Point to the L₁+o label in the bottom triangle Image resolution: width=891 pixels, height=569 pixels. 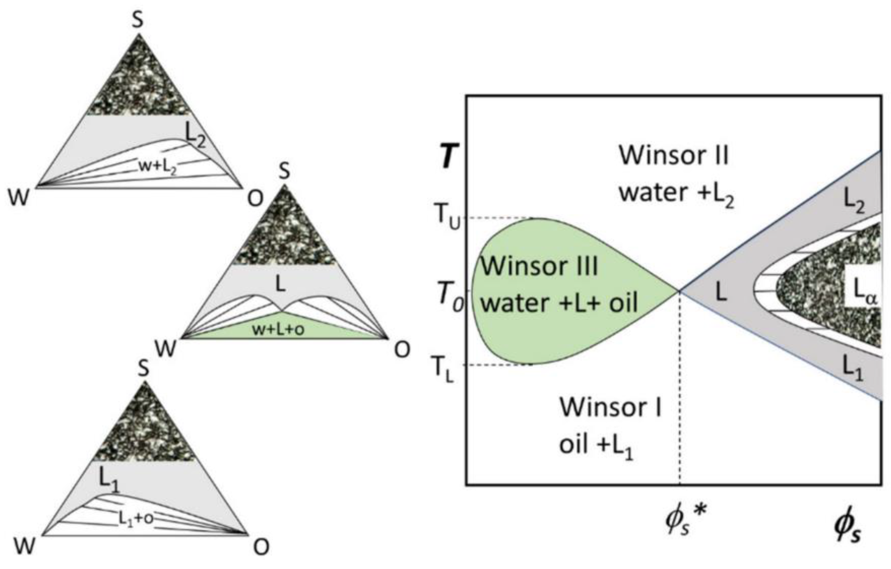(136, 518)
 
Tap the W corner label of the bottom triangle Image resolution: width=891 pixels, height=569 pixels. (25, 546)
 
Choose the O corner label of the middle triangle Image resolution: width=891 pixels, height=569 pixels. (402, 350)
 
